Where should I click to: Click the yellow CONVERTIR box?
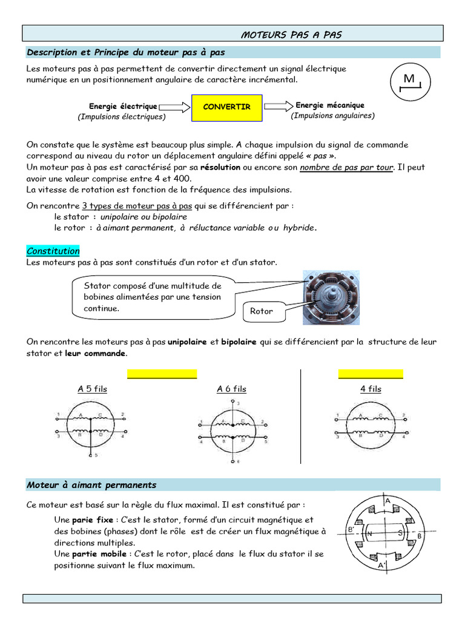pyautogui.click(x=226, y=107)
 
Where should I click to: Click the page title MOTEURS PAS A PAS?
pyautogui.click(x=291, y=35)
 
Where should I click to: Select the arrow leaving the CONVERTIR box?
pyautogui.click(x=278, y=106)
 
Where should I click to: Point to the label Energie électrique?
pyautogui.click(x=123, y=106)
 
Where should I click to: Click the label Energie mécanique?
pyautogui.click(x=330, y=105)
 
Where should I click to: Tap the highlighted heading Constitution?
pyautogui.click(x=53, y=251)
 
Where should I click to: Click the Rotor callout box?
pyautogui.click(x=262, y=311)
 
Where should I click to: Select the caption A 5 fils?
pyautogui.click(x=92, y=389)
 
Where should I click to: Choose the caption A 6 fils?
pyautogui.click(x=231, y=389)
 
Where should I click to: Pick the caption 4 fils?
pyautogui.click(x=371, y=389)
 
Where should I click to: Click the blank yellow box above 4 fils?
pyautogui.click(x=371, y=373)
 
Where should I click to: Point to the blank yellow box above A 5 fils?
pyautogui.click(x=162, y=373)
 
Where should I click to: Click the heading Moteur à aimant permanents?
pyautogui.click(x=91, y=485)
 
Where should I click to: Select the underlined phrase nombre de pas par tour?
pyautogui.click(x=346, y=167)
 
